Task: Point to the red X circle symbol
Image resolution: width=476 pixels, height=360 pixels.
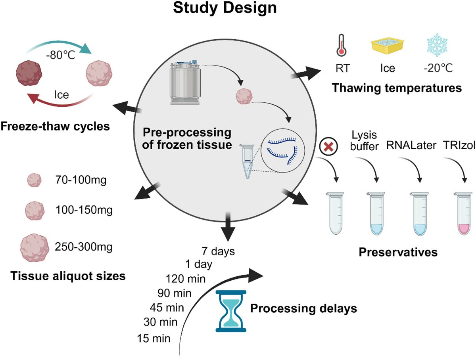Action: click(328, 147)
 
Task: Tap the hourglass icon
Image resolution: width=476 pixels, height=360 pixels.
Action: click(230, 311)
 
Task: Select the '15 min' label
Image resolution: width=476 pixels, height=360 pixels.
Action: click(154, 339)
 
